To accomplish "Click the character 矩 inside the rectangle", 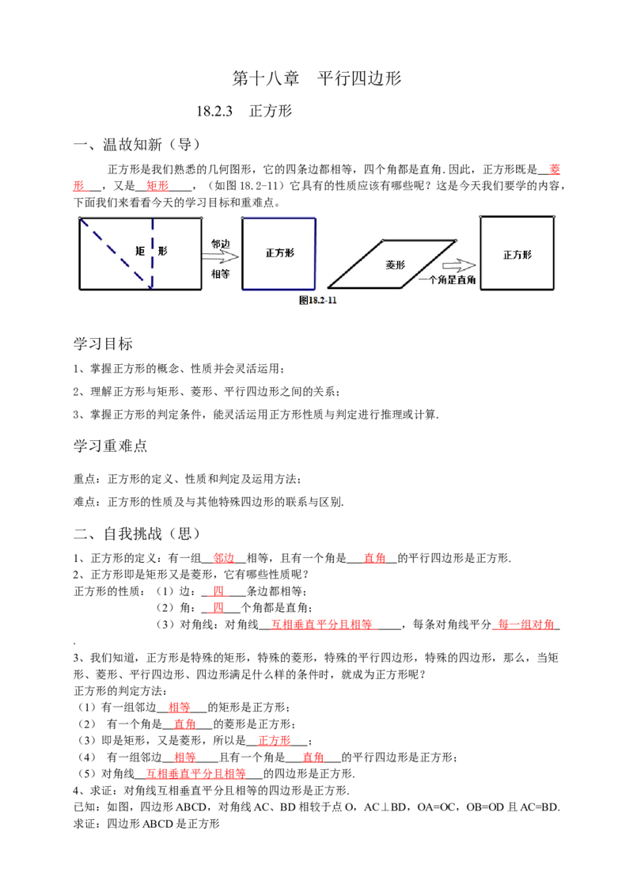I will tap(140, 251).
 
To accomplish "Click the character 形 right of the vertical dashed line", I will tap(162, 251).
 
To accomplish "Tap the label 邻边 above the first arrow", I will tap(220, 244).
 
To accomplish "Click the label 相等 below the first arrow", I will tap(220, 274).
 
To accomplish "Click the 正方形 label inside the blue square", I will tap(280, 253).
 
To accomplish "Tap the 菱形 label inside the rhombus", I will tap(395, 265).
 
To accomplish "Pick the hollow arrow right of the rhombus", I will tap(458, 266).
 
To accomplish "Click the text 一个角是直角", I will tap(447, 280).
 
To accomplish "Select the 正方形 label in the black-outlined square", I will tap(517, 255).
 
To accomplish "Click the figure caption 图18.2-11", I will tap(324, 301).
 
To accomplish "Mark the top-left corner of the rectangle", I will tap(80, 218).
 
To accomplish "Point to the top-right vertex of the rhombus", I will tap(456, 241).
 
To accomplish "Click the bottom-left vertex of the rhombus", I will tap(328, 287).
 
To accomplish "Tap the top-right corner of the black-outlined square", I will tap(553, 216).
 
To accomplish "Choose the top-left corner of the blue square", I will tap(243, 218).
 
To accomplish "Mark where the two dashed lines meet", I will tap(151, 286).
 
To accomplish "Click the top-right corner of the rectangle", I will tap(201, 218).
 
